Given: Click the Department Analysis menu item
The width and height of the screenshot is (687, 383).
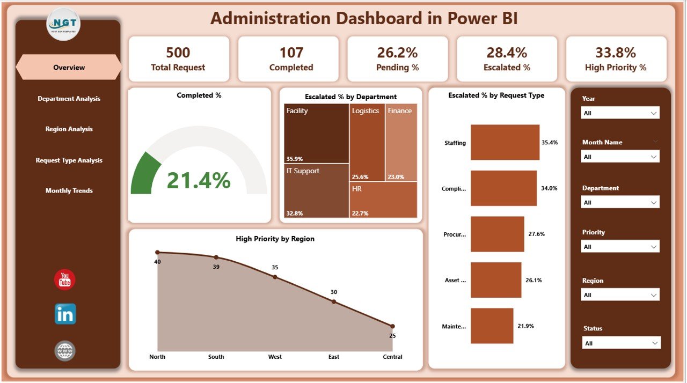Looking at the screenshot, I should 69,99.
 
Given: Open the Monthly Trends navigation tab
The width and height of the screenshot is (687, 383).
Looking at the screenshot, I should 69,191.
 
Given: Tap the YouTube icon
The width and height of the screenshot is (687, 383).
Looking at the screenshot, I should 65,280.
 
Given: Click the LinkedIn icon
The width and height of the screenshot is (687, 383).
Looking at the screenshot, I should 65,314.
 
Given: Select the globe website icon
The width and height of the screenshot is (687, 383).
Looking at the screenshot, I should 65,351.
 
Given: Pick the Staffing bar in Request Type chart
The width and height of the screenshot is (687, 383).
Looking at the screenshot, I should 505,142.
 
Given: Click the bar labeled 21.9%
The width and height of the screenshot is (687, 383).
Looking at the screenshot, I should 492,326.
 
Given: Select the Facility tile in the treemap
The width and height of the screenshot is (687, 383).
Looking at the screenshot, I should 317,133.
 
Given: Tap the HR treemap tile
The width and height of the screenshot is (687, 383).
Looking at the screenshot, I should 383,200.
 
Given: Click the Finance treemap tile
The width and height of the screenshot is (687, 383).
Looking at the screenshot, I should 401,142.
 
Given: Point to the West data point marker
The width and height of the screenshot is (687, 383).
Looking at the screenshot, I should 275,277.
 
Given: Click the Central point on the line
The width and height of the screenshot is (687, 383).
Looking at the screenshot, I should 392,326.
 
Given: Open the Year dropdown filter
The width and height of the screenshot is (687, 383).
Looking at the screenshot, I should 620,113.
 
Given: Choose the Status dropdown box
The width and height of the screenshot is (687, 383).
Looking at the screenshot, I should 621,343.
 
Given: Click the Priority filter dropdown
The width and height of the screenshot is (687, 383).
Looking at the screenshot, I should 620,247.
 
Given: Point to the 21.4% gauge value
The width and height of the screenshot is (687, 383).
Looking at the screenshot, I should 199,180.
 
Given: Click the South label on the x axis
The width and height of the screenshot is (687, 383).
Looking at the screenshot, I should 216,357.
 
